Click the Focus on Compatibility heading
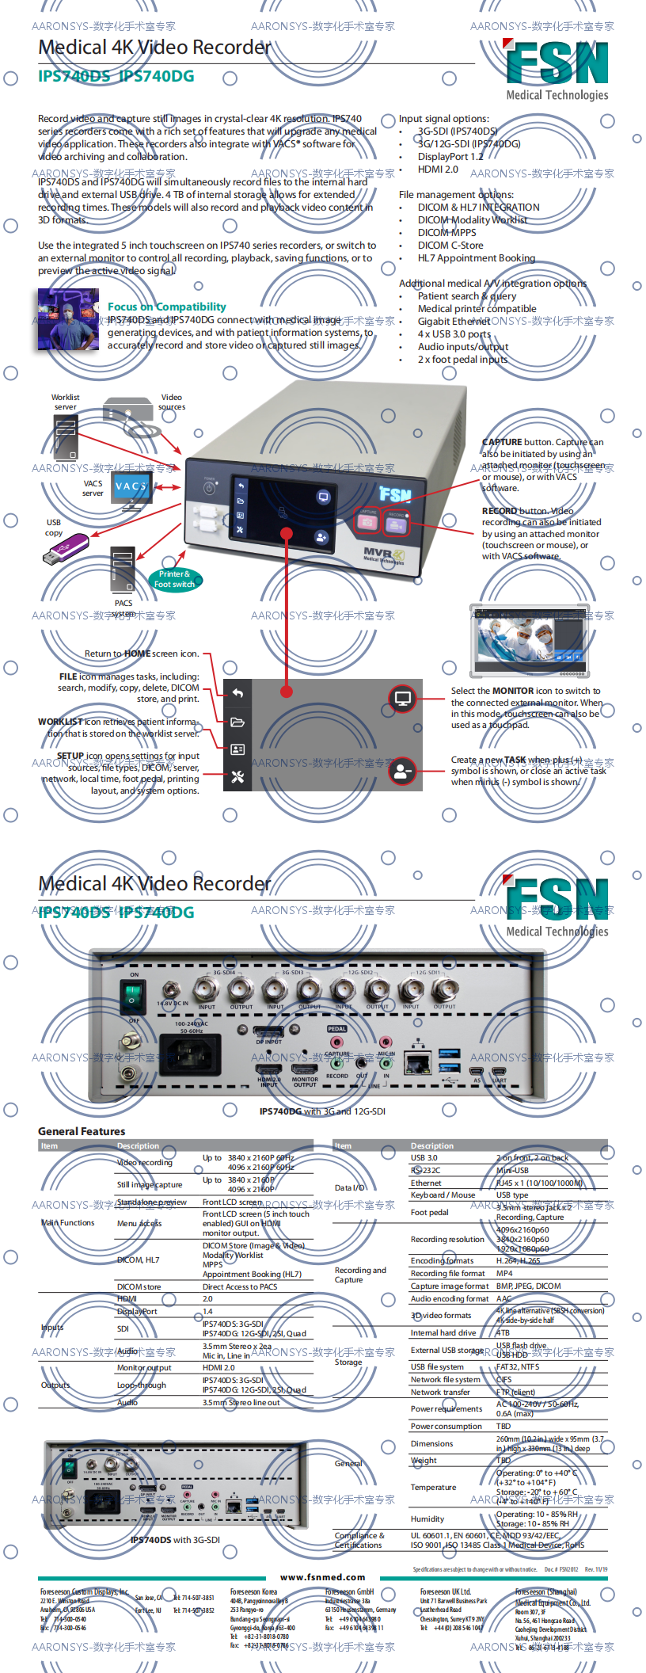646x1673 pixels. (166, 307)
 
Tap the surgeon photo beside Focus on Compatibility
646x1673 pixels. (68, 319)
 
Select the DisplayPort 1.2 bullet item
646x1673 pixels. (450, 157)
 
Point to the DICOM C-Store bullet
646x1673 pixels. (450, 246)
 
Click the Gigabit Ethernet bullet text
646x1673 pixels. (454, 322)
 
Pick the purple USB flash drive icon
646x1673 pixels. (65, 548)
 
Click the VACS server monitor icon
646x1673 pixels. (131, 490)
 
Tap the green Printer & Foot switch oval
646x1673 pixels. (174, 579)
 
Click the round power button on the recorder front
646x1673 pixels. (210, 489)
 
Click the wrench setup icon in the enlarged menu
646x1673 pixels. (237, 778)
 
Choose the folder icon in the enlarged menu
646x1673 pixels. (237, 722)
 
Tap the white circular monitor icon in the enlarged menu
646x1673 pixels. (402, 699)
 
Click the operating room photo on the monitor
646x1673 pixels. (529, 640)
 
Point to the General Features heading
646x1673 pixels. (82, 1131)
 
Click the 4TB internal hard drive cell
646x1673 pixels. (503, 1332)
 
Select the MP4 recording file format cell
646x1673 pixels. (504, 1273)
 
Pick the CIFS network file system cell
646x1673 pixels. (504, 1379)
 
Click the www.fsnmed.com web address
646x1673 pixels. (322, 1576)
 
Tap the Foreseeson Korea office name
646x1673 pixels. (253, 1591)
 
